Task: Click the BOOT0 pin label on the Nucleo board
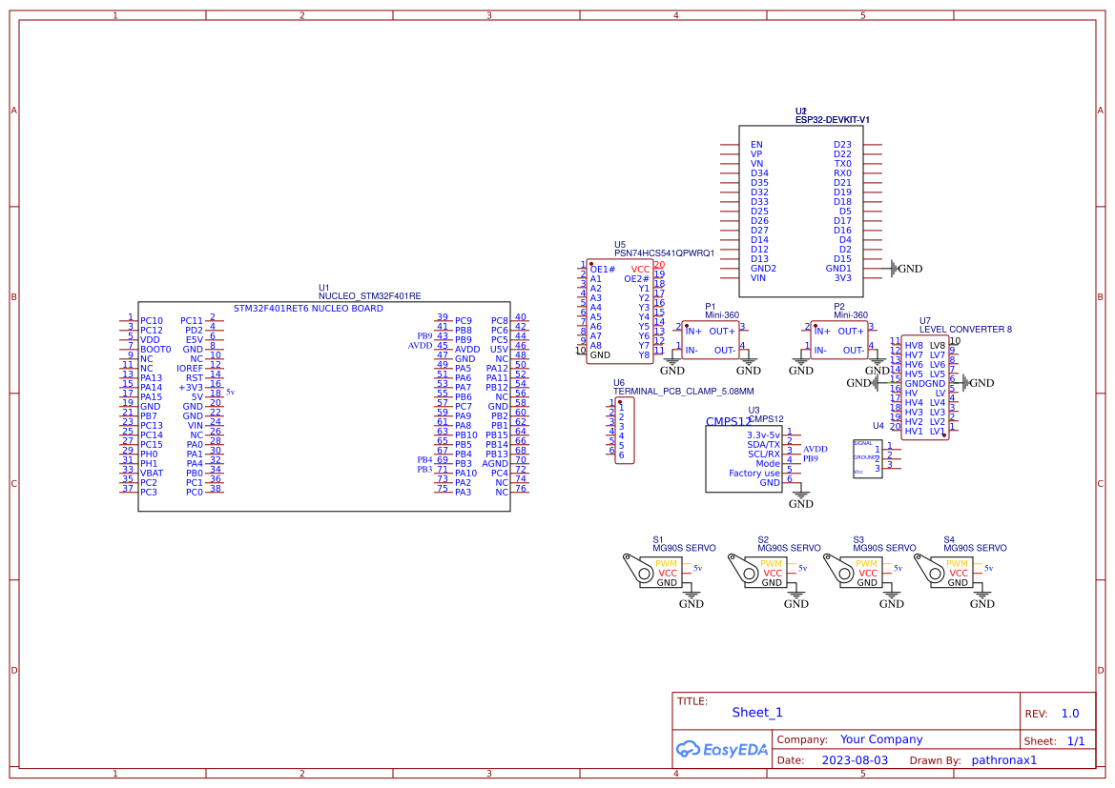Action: [155, 350]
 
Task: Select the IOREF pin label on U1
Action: [190, 369]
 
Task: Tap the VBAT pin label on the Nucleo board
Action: [152, 474]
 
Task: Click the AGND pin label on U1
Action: [495, 464]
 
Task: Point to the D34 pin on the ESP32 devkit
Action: [759, 173]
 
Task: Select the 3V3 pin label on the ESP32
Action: [842, 278]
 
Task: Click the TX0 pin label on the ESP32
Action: [842, 164]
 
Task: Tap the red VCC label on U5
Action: [640, 270]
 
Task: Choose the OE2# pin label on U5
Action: [636, 279]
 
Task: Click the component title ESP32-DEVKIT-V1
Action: [833, 120]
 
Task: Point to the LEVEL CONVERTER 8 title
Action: [965, 330]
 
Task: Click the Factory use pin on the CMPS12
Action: [754, 474]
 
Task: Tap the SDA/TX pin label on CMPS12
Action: [763, 445]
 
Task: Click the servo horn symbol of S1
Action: [633, 566]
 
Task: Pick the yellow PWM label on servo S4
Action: [958, 563]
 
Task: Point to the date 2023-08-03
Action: [854, 760]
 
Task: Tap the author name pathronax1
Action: [1003, 760]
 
